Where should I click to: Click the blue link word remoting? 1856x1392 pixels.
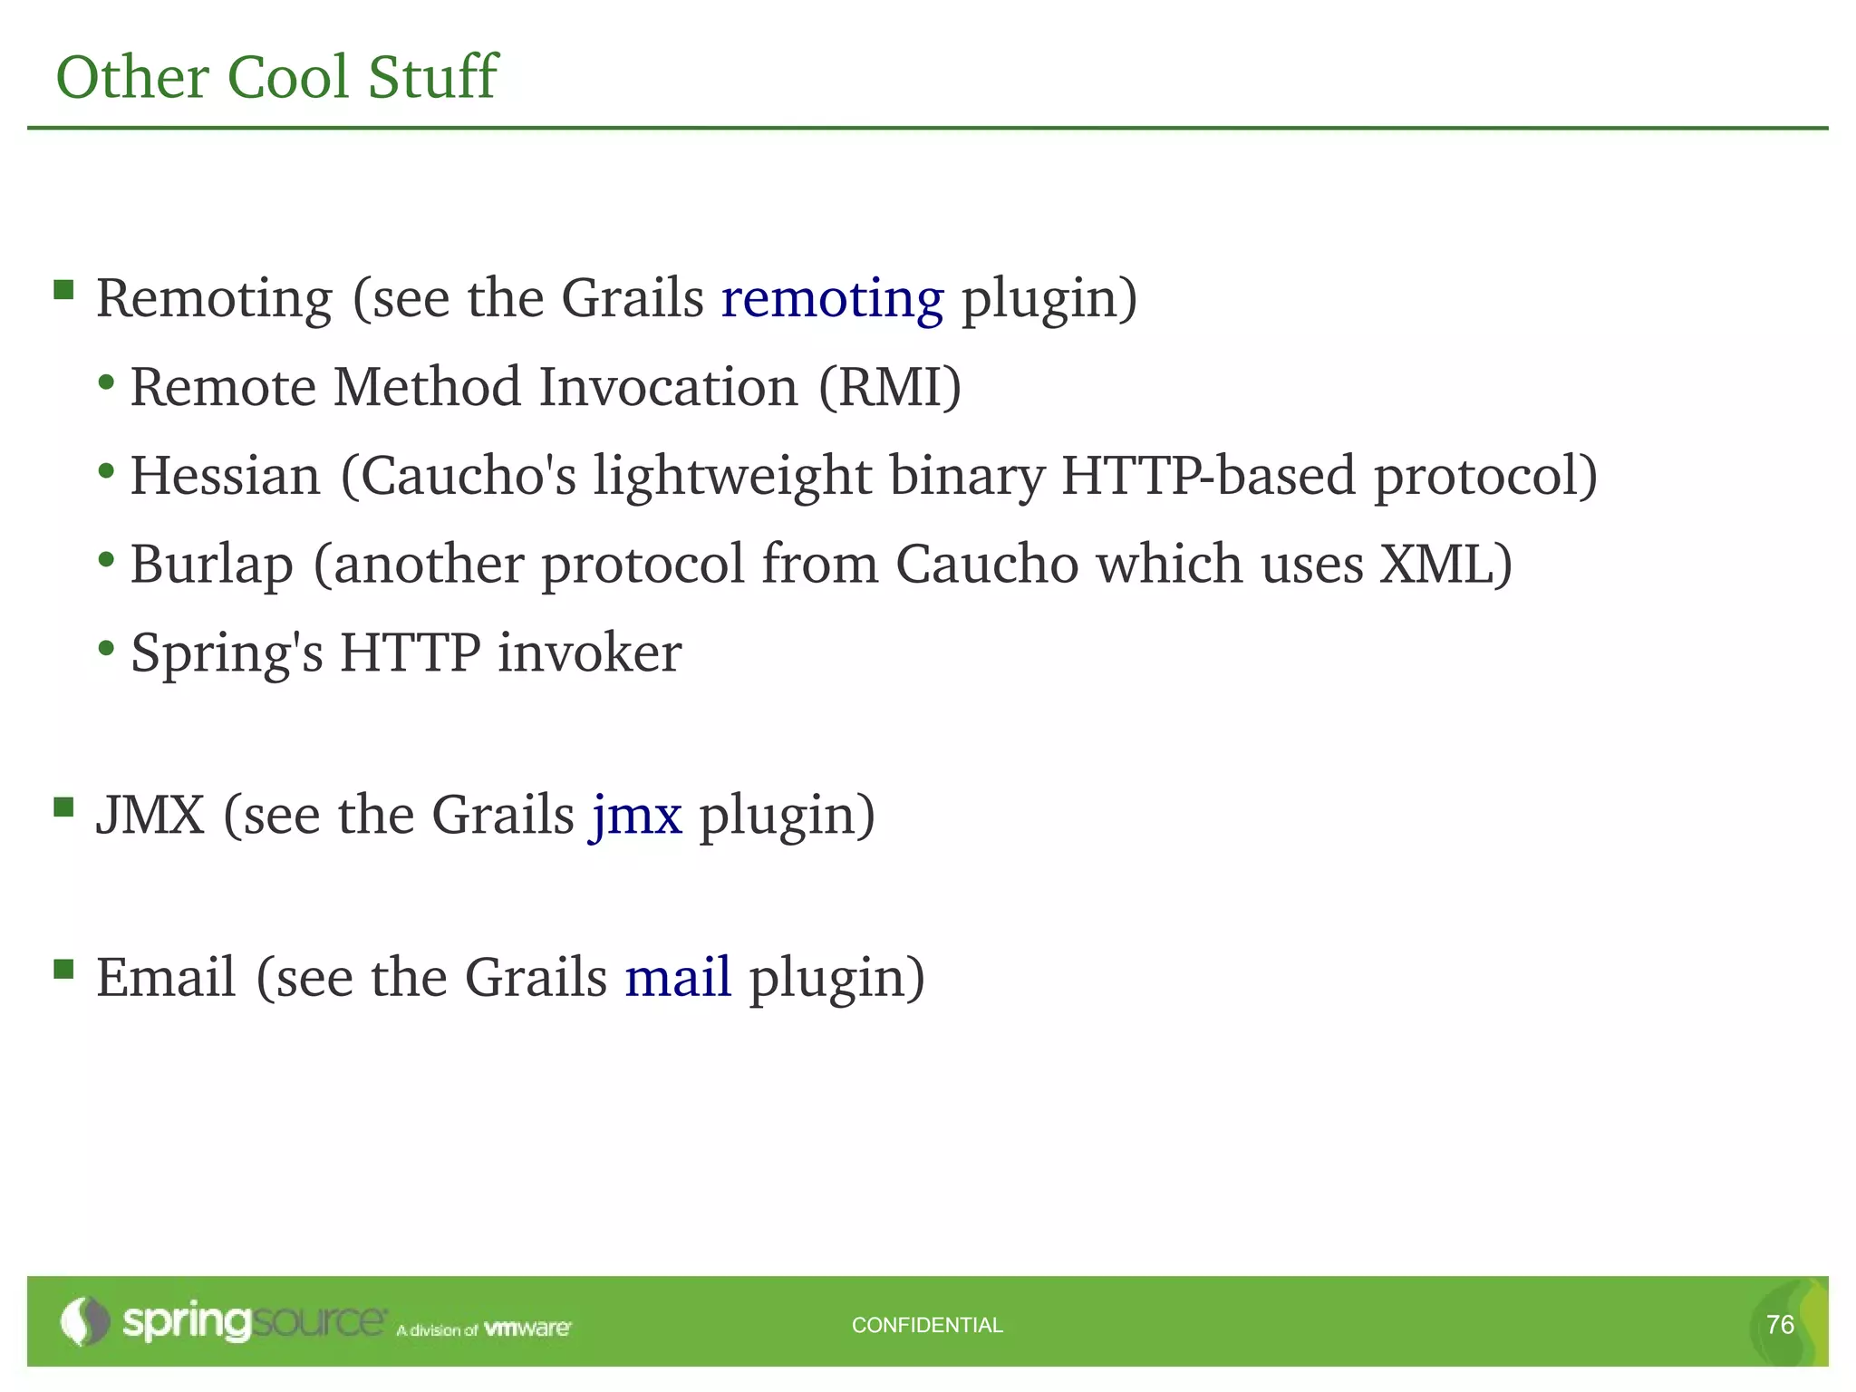pos(832,299)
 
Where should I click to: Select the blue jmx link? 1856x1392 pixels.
pos(636,816)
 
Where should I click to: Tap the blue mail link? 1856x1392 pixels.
pos(678,978)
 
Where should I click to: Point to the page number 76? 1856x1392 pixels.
pos(1780,1325)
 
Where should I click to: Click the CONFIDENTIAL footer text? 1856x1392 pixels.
pos(927,1325)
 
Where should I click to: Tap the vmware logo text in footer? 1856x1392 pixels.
pos(527,1329)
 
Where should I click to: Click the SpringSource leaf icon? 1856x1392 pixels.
pos(83,1321)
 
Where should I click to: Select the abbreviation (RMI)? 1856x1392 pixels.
pos(889,388)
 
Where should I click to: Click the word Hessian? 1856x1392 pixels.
pos(226,477)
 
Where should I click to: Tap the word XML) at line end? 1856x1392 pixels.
pos(1445,564)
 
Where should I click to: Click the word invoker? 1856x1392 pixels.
pos(589,652)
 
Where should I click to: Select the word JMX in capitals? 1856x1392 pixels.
pos(150,816)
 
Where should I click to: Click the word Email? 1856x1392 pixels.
pos(167,978)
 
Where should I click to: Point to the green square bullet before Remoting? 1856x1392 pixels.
pos(63,289)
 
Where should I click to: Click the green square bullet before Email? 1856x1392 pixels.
pos(63,969)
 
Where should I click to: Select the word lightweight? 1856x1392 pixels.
pos(732,477)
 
